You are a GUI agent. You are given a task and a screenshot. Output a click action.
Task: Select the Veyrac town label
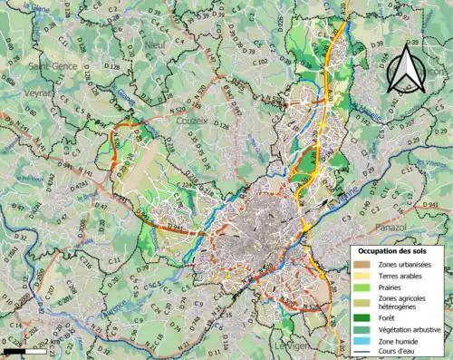tap(42, 92)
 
